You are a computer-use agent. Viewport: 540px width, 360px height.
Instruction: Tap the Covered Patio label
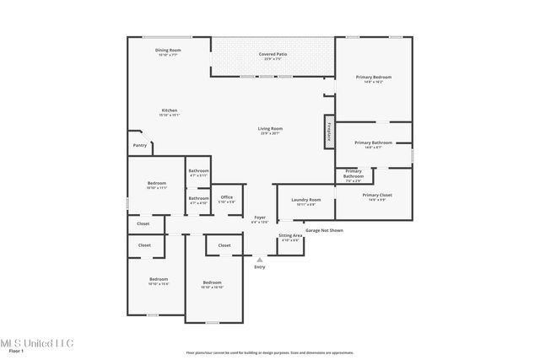tap(273, 56)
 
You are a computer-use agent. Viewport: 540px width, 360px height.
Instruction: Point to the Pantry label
tap(139, 145)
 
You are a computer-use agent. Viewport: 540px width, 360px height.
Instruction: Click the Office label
tap(227, 199)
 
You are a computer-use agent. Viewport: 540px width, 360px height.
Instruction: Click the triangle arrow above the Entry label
tap(259, 260)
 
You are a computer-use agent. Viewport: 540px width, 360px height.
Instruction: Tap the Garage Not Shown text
tap(324, 230)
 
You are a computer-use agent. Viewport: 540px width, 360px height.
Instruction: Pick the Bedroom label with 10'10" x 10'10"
tap(212, 284)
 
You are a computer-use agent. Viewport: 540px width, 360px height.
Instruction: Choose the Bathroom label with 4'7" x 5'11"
tap(199, 173)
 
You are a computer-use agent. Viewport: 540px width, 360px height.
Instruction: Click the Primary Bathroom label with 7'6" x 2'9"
tap(353, 175)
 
